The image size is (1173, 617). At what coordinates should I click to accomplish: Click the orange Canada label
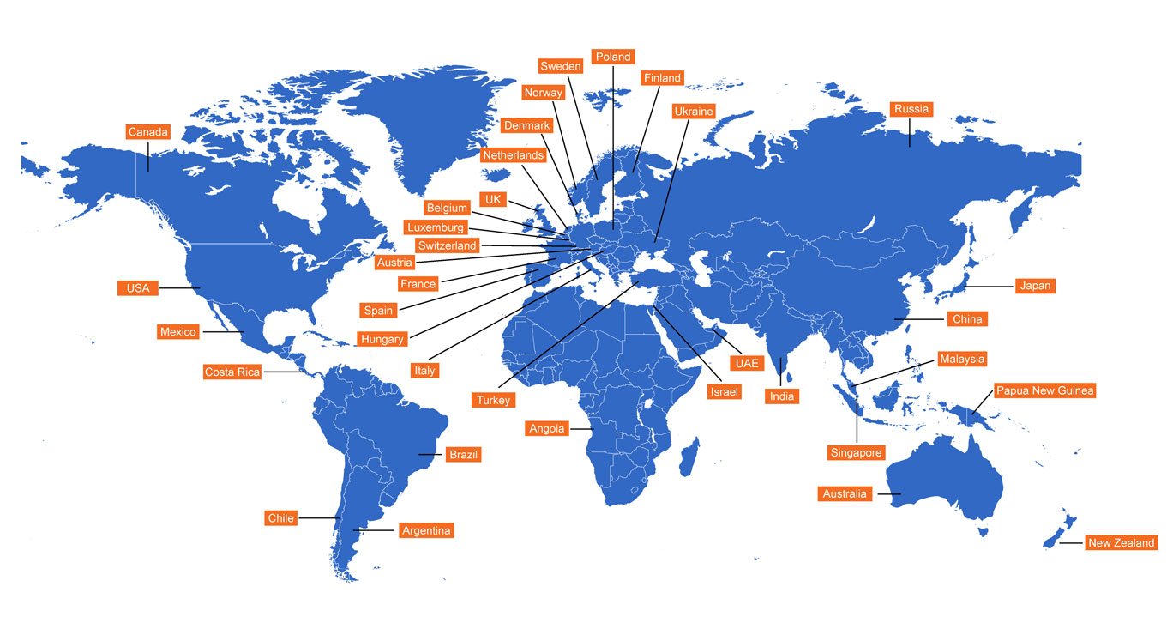[x=148, y=132]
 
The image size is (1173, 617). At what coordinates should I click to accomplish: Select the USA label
[x=137, y=288]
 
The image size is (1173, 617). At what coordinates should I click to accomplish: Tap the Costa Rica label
[x=232, y=372]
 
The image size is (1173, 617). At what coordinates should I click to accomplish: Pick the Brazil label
[x=463, y=454]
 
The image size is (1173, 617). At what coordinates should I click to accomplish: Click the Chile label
[x=280, y=517]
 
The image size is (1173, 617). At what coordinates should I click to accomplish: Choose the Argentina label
[x=426, y=530]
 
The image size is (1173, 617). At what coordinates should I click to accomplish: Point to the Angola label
[x=547, y=428]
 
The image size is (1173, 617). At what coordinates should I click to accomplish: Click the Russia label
[x=911, y=109]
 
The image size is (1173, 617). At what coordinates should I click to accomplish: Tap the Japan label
[x=1034, y=286]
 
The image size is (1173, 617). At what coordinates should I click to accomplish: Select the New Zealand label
[x=1122, y=542]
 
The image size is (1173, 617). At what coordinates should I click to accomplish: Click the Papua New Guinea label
[x=1044, y=390]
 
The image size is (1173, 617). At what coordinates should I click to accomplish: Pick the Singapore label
[x=856, y=452]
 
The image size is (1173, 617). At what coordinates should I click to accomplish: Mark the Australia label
[x=845, y=493]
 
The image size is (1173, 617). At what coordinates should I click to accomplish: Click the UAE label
[x=746, y=363]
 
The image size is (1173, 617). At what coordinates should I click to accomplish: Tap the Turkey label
[x=494, y=400]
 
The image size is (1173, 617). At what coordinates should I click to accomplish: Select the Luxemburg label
[x=436, y=227]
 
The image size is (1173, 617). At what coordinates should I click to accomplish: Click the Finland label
[x=662, y=78]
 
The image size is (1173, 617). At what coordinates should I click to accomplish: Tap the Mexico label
[x=178, y=331]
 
